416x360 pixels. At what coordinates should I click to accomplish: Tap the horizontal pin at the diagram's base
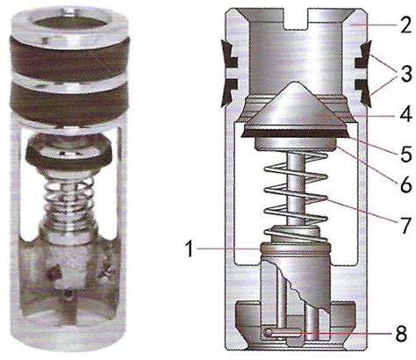283,333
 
